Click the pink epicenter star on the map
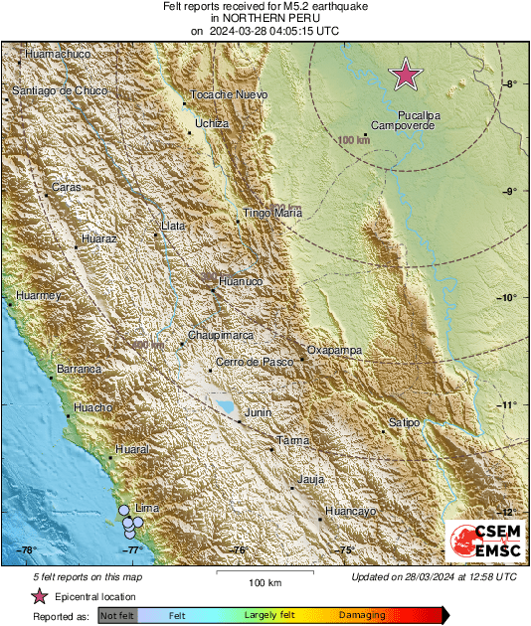pos(405,75)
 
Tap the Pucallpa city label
pos(420,115)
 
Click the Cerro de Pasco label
pos(255,363)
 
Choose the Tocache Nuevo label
pos(229,94)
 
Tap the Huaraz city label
pos(100,240)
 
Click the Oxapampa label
pos(333,351)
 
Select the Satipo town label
pos(404,423)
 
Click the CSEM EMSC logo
pos(480,543)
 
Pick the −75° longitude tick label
pos(344,549)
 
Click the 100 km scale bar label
pos(265,582)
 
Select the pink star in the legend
pos(40,596)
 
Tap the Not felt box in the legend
pos(117,615)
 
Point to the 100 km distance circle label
pos(353,141)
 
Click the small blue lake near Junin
pos(227,406)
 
